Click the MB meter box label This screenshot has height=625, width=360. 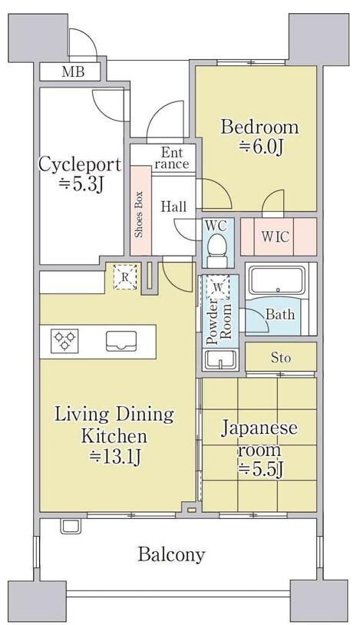[73, 72]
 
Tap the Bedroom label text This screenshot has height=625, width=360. [259, 127]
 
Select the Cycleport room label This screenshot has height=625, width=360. [80, 164]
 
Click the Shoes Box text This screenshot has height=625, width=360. [139, 214]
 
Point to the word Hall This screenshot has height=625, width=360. [173, 207]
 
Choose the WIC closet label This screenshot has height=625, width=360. [275, 236]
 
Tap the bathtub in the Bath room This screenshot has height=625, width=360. [276, 279]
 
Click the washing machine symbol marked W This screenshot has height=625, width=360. [217, 287]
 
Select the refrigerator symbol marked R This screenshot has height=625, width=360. [125, 276]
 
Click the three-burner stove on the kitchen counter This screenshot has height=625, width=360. [64, 341]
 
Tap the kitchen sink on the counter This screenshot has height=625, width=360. [121, 342]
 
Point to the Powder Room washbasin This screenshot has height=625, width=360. [220, 359]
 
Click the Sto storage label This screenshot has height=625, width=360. [281, 358]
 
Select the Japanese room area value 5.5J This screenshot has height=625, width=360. [261, 471]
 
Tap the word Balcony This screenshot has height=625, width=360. [171, 554]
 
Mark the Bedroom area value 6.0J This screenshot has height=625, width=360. [261, 147]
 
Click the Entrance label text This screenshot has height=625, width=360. [172, 158]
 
